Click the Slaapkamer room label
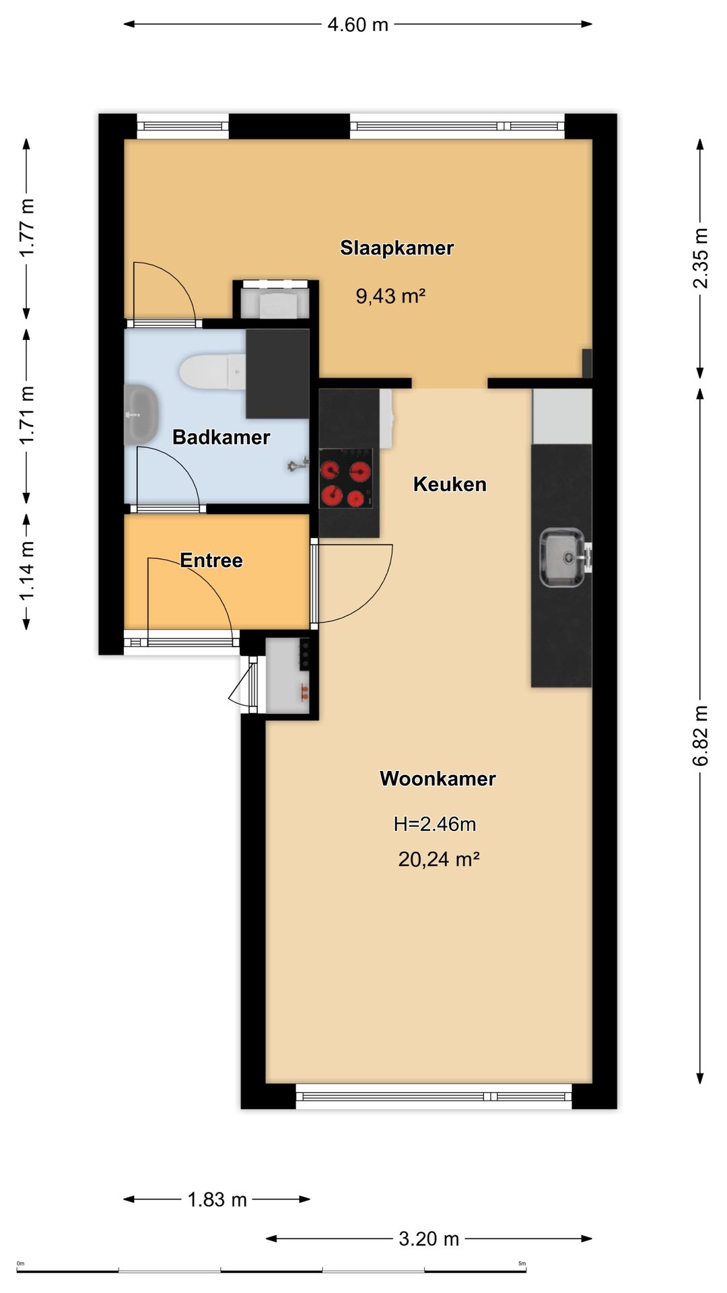(397, 248)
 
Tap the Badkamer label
(221, 437)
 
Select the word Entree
(211, 560)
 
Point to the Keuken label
(450, 484)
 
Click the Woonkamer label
(438, 778)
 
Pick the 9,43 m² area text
(390, 296)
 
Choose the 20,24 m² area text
(439, 859)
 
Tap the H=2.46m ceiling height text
(435, 824)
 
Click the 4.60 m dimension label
(358, 25)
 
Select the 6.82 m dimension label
(700, 735)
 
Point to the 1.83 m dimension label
(217, 1199)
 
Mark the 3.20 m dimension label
(429, 1238)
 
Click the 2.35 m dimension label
(700, 258)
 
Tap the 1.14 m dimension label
(26, 571)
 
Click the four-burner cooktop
(345, 479)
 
